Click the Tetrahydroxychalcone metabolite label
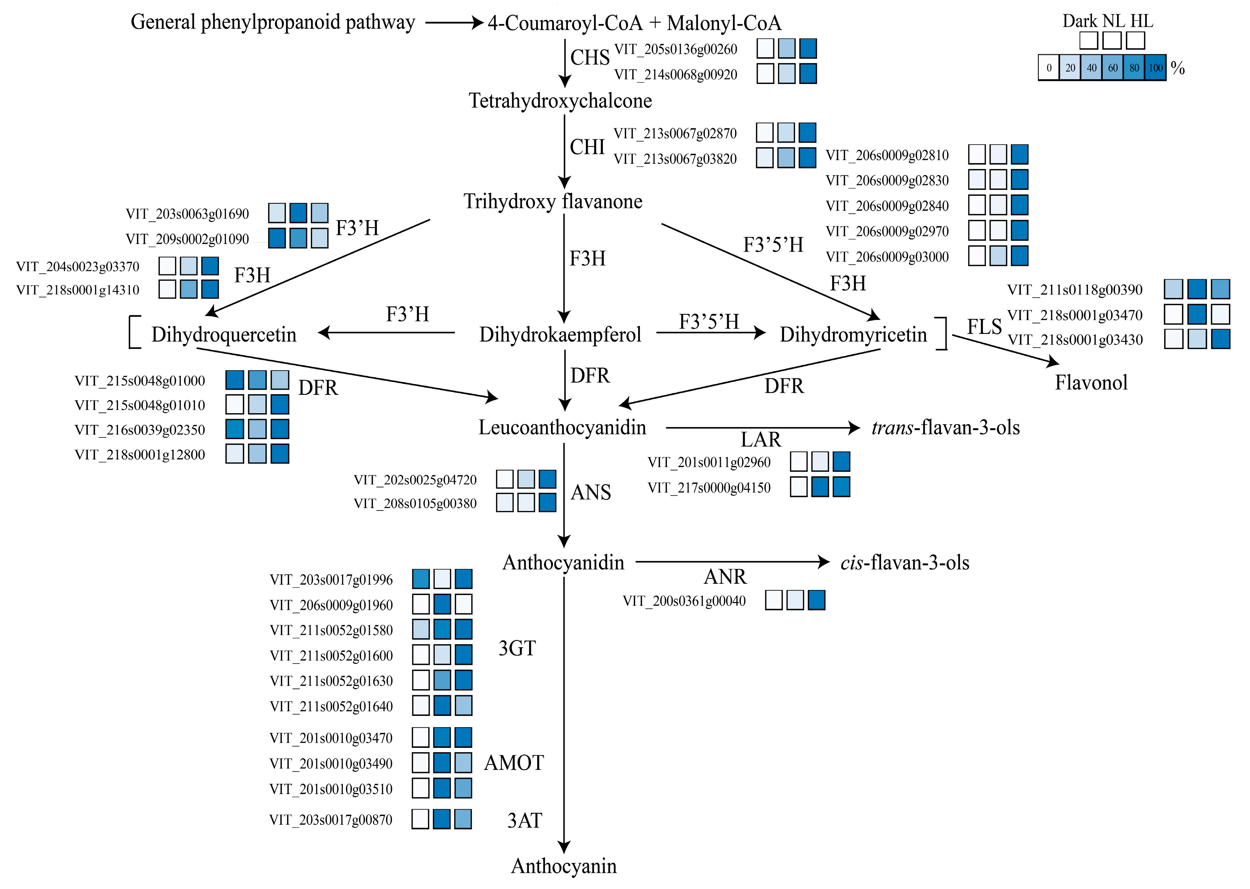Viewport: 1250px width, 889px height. pos(560,101)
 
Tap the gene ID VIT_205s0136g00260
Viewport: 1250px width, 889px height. pos(676,49)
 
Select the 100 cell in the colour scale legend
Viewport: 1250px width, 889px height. pos(1155,68)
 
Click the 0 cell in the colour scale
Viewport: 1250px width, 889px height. pos(1048,68)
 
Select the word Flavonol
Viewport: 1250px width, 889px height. pos(1091,383)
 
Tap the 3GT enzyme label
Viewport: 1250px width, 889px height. pos(516,649)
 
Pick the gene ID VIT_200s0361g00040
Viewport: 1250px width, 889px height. pos(684,601)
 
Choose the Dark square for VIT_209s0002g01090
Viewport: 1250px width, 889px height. pos(277,238)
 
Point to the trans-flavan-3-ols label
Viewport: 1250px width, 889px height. pos(946,428)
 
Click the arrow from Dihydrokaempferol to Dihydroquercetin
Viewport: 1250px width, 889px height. pos(386,332)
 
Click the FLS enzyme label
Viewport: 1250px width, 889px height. pos(984,327)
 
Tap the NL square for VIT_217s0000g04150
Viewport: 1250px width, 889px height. pos(820,487)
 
